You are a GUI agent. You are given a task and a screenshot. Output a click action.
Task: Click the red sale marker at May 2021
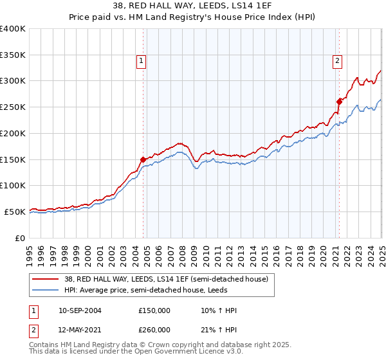click(339, 101)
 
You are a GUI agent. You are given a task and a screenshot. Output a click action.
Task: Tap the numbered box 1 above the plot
click(141, 62)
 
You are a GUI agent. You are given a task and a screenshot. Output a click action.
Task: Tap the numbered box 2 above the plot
click(337, 62)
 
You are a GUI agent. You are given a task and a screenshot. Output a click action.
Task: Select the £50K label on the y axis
click(15, 212)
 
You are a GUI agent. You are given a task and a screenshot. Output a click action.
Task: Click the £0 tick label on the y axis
click(21, 238)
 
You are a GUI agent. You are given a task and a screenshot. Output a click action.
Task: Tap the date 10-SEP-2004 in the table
click(80, 310)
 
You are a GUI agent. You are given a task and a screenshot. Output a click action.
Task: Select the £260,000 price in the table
click(154, 330)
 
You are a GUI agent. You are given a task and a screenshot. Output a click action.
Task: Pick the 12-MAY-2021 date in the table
click(80, 330)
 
